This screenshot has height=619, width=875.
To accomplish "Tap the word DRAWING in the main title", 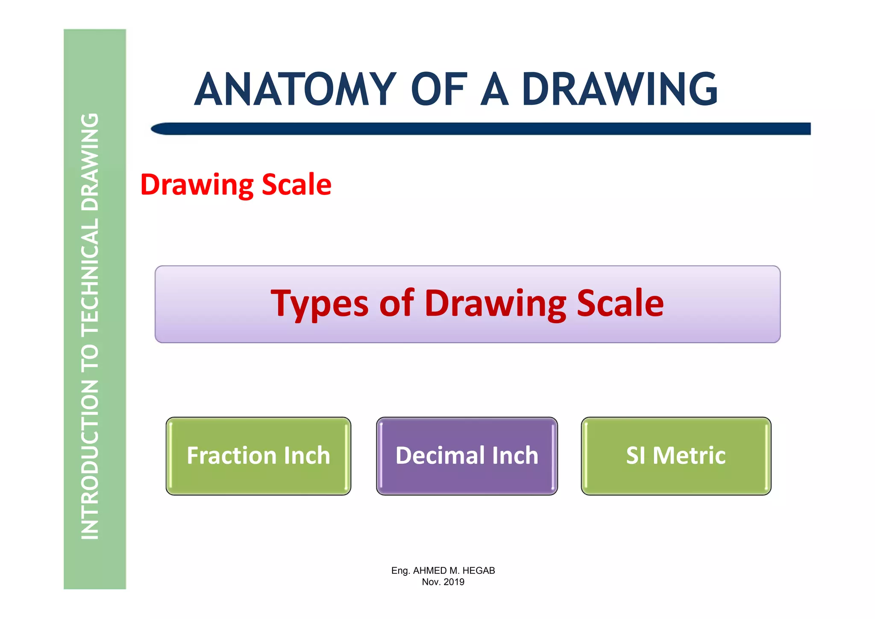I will tap(620, 89).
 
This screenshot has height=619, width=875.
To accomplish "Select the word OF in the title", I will tap(439, 89).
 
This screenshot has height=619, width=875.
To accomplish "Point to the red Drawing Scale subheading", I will tap(235, 185).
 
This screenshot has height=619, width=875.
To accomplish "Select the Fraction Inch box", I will tap(258, 456).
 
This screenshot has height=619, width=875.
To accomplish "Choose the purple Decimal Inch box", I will tap(467, 456).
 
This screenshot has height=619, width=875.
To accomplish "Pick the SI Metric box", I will tap(676, 456).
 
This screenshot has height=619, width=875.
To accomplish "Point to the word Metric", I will tap(689, 456).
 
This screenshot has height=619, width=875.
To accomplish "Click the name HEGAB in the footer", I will tap(479, 571).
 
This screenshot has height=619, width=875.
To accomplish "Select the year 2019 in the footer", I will tap(454, 582).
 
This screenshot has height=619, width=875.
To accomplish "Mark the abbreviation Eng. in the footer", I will tap(401, 571).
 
